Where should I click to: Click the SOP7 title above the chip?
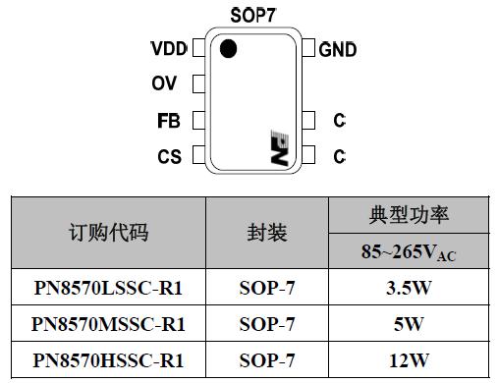click(252, 15)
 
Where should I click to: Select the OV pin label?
click(164, 84)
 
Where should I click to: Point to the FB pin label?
click(168, 121)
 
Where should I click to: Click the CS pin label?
click(169, 156)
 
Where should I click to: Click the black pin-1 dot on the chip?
click(228, 49)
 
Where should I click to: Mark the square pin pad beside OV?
click(198, 84)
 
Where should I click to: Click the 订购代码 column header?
click(108, 233)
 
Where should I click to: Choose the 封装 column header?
click(266, 233)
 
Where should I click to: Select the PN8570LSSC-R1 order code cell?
click(108, 289)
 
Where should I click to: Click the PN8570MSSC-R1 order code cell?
click(108, 324)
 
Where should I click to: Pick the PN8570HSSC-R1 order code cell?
click(108, 359)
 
